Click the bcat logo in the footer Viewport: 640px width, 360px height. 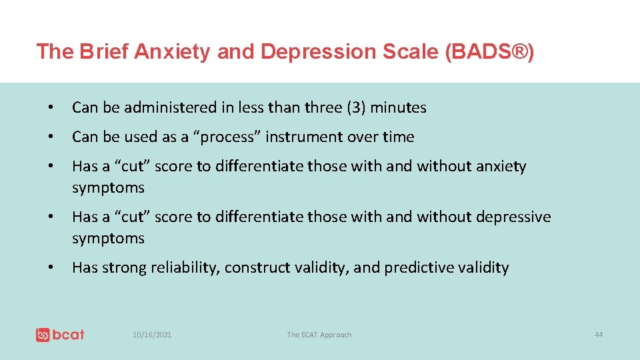60,335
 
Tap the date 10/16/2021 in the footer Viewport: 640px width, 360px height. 152,335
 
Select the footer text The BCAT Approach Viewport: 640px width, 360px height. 319,335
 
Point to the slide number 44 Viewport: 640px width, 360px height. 599,335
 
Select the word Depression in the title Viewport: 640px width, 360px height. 317,51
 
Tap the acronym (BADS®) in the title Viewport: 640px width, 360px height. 489,51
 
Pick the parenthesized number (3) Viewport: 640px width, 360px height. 355,107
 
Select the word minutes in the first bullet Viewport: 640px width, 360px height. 399,107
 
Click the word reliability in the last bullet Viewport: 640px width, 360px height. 187,268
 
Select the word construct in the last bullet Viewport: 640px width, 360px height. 255,268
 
